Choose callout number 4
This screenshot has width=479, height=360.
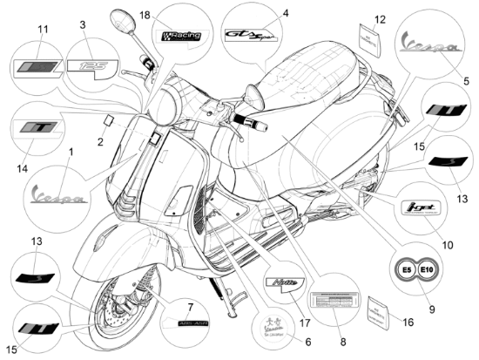(x=285, y=13)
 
